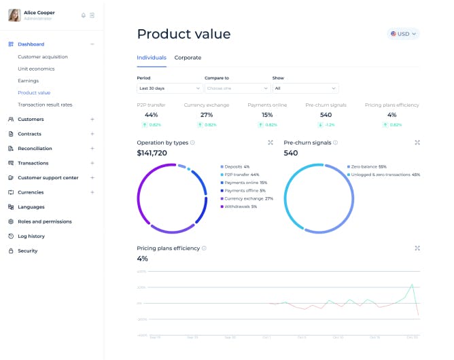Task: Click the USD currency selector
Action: pyautogui.click(x=403, y=33)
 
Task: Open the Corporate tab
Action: pyautogui.click(x=188, y=58)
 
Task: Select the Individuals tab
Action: pyautogui.click(x=151, y=58)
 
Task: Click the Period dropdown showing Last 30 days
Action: pyautogui.click(x=169, y=88)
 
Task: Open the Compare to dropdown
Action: pyautogui.click(x=237, y=88)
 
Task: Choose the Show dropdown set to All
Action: pyautogui.click(x=305, y=88)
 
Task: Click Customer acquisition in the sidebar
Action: pyautogui.click(x=43, y=56)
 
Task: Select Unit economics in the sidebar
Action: pyautogui.click(x=36, y=69)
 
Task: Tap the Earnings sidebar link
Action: pyautogui.click(x=28, y=81)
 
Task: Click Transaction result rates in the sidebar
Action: pyautogui.click(x=45, y=105)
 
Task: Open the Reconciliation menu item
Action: pyautogui.click(x=35, y=148)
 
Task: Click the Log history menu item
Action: pyautogui.click(x=31, y=236)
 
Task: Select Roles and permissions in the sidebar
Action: pyautogui.click(x=44, y=221)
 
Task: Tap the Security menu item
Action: pyautogui.click(x=28, y=251)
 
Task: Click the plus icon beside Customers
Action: pyautogui.click(x=92, y=119)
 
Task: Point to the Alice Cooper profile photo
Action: pyautogui.click(x=14, y=15)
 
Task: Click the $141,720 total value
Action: pyautogui.click(x=152, y=153)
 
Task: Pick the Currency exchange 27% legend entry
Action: pyautogui.click(x=249, y=198)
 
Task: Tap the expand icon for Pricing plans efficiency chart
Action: pyautogui.click(x=417, y=248)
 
